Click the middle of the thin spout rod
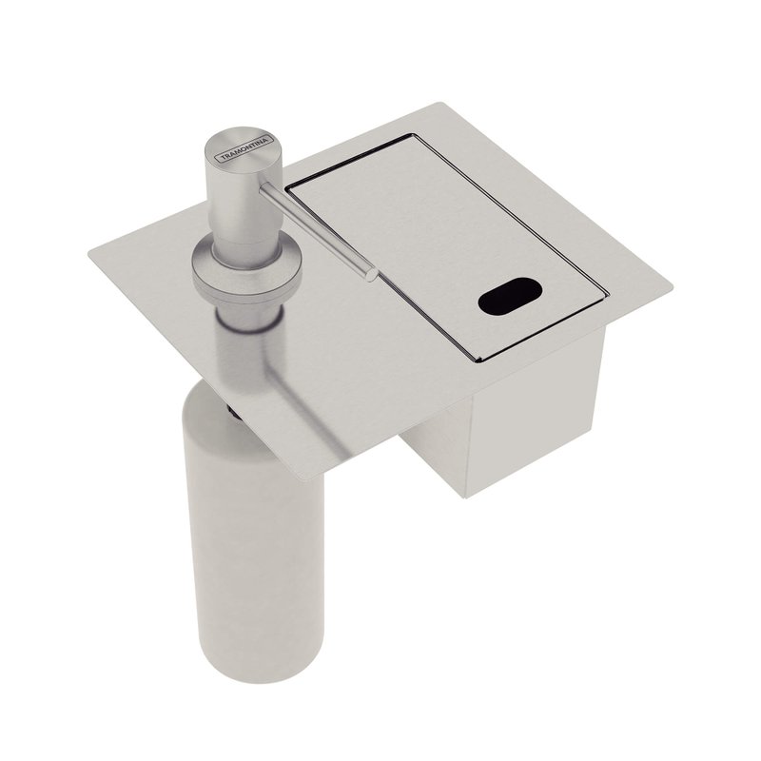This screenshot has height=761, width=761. [317, 230]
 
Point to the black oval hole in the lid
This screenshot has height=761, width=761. [510, 296]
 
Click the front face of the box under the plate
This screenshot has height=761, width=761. [534, 418]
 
